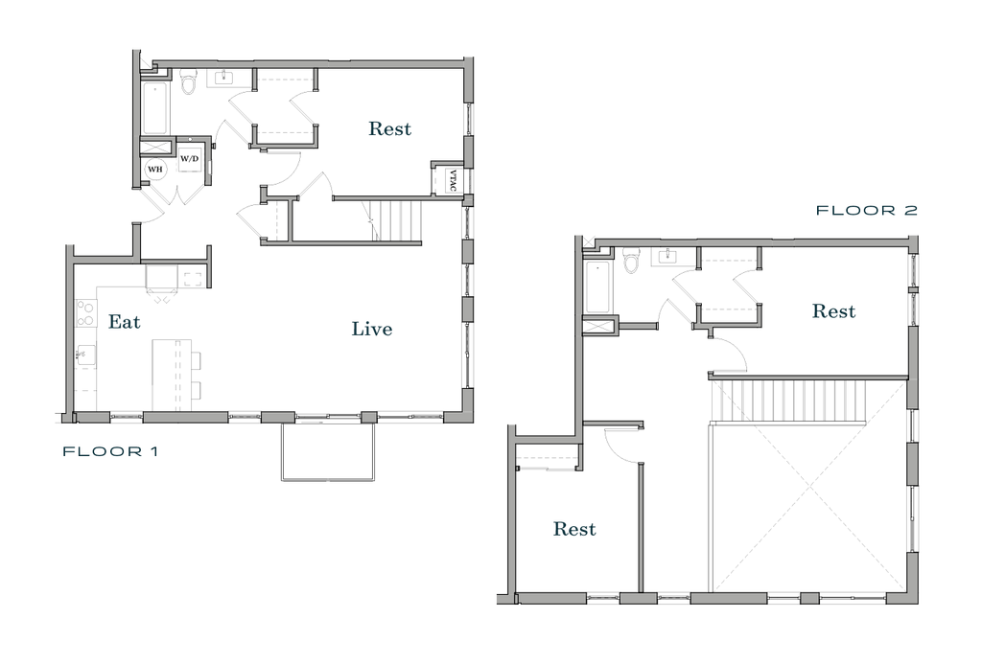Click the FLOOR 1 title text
pos(110,452)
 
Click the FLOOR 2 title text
pos(866,211)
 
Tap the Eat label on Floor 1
pos(124,323)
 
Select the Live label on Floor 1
pos(372,330)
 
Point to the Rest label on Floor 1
pos(390,128)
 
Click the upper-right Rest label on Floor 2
pos(834,312)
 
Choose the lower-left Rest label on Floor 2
pos(575,529)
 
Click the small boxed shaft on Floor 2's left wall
pos(600,326)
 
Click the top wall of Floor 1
pos(307,64)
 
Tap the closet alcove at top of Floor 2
pos(729,287)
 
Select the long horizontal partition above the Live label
pos(340,243)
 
